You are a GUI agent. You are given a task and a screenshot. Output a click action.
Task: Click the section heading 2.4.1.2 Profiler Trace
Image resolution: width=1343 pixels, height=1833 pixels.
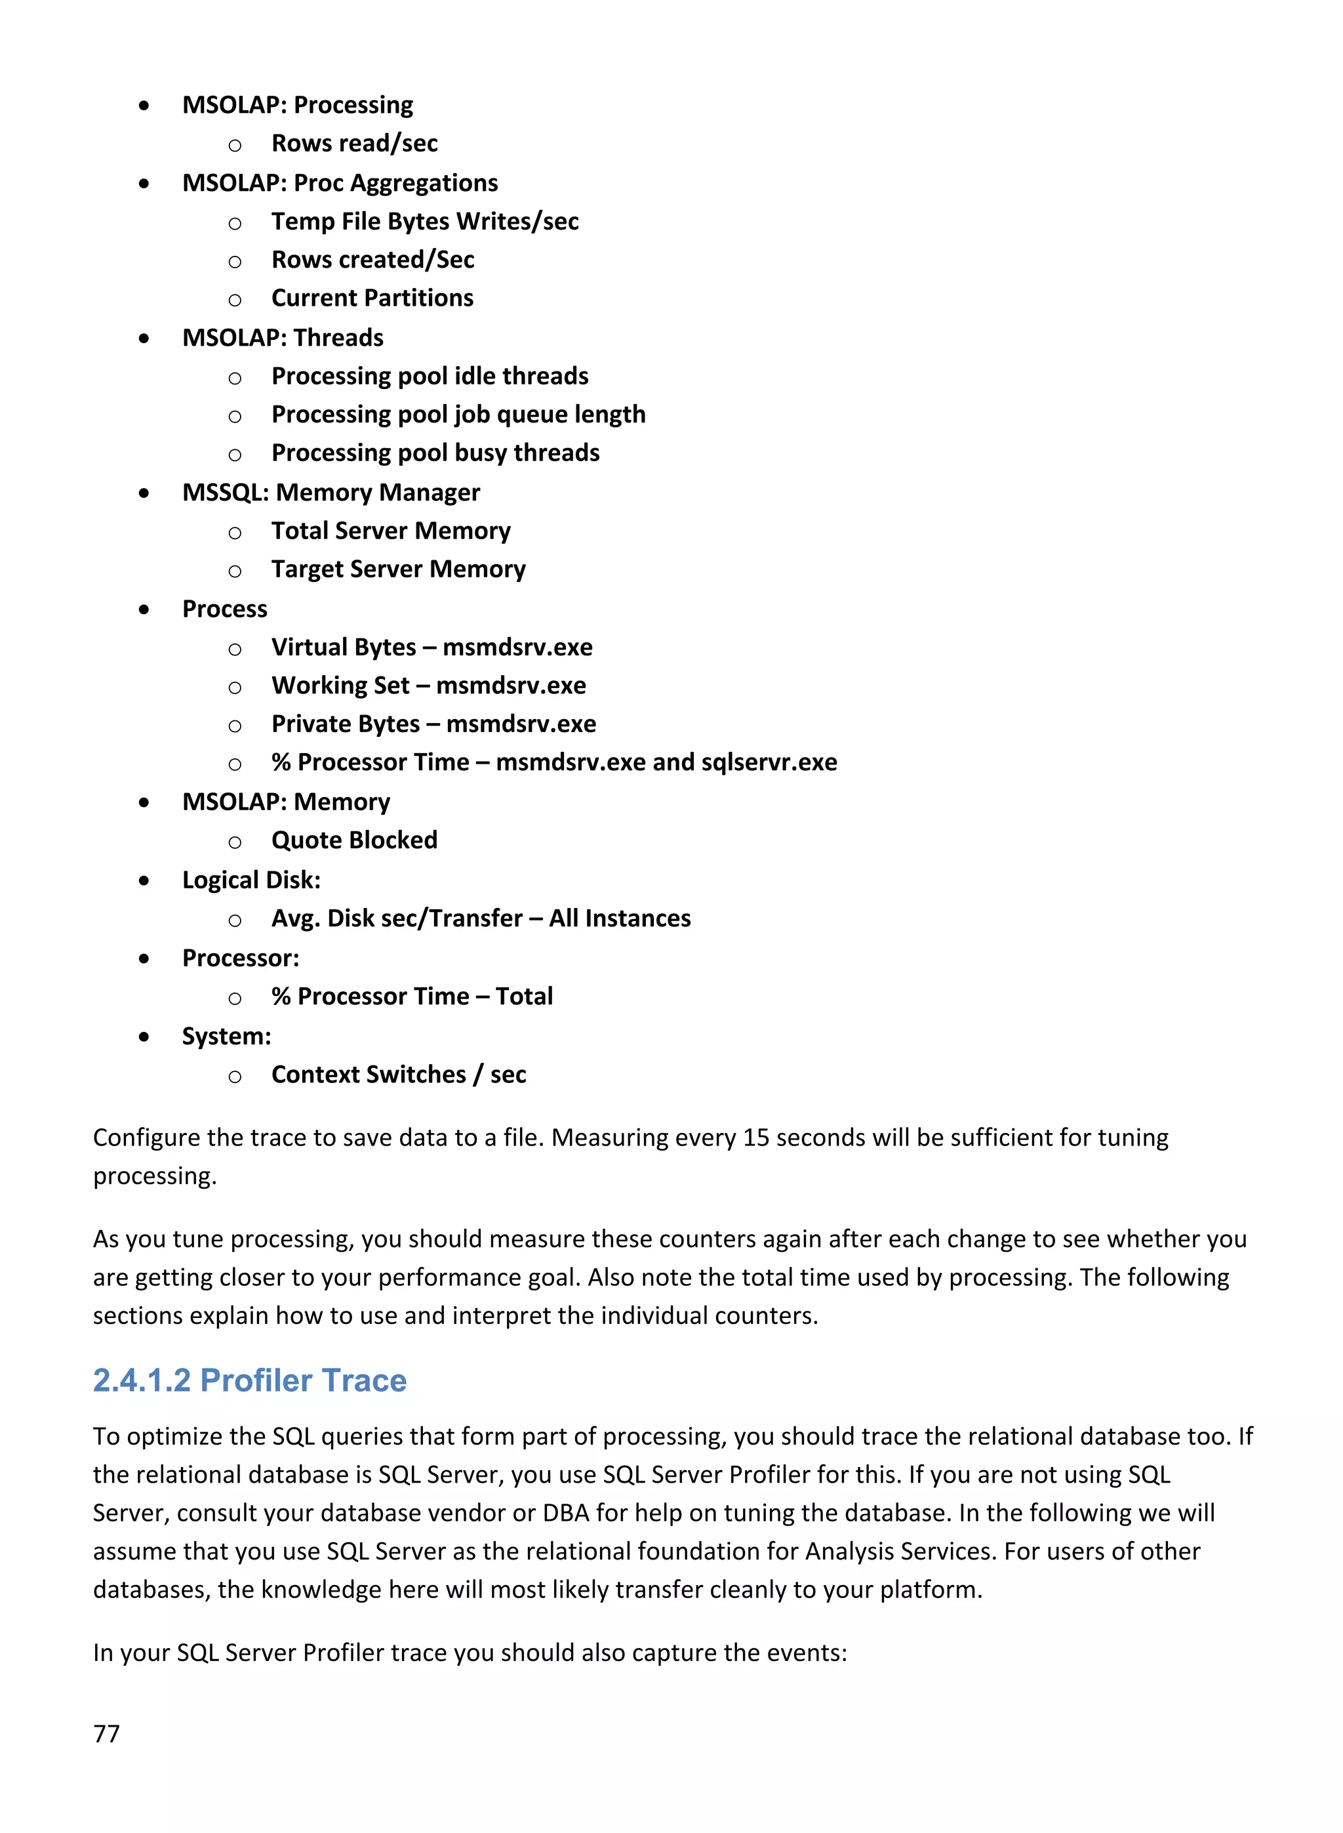click(250, 1381)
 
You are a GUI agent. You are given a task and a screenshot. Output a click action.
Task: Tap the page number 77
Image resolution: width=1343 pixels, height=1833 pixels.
click(106, 1734)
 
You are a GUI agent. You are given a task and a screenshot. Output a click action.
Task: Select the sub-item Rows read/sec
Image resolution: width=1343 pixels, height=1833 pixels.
click(355, 144)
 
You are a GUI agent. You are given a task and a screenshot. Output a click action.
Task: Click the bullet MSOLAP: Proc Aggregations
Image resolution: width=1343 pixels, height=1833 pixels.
click(340, 183)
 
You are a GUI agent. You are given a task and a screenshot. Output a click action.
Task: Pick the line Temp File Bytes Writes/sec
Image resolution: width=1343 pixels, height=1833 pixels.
click(425, 221)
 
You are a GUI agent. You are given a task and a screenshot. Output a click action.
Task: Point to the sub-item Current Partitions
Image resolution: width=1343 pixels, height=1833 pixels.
click(372, 299)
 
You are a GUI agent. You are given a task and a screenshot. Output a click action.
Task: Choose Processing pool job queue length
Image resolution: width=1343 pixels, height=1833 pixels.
click(458, 415)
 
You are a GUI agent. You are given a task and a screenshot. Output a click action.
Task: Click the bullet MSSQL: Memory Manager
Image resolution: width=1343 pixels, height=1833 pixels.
click(331, 493)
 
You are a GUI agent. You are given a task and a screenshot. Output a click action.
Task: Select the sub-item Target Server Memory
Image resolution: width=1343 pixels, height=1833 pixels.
click(398, 569)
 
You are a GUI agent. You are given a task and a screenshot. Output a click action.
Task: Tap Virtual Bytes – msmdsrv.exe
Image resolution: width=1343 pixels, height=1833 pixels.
click(431, 648)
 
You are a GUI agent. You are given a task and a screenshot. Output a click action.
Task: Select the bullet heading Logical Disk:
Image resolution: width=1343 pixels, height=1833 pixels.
click(251, 880)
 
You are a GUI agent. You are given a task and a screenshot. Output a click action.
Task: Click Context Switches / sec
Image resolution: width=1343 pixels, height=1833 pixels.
click(398, 1075)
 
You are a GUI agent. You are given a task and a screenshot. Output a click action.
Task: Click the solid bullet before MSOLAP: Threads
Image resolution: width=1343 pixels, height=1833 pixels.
click(144, 339)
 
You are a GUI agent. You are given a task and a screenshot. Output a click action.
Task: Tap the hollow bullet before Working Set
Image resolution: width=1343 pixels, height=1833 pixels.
click(235, 688)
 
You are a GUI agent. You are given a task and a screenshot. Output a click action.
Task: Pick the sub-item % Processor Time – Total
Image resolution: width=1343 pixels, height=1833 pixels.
click(412, 997)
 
